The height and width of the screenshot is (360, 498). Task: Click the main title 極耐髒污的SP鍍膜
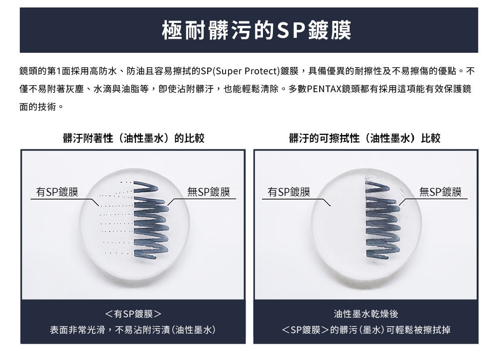256,30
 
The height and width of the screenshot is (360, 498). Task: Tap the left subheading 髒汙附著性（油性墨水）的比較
133,138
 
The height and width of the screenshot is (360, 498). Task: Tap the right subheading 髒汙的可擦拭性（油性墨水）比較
365,138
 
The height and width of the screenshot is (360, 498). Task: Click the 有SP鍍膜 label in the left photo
57,192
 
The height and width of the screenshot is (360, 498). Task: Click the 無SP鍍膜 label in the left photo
209,192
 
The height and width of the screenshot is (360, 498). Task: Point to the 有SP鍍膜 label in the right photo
289,192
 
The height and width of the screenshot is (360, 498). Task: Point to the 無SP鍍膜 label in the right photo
440,192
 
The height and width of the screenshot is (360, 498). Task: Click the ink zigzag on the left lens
149,220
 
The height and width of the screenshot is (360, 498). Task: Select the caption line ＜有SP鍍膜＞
133,314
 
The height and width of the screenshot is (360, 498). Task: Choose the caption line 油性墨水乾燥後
366,314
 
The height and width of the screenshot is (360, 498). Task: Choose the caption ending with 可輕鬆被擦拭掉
366,330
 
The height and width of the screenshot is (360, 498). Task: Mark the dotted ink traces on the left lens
118,219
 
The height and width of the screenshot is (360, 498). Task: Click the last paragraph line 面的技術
42,107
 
